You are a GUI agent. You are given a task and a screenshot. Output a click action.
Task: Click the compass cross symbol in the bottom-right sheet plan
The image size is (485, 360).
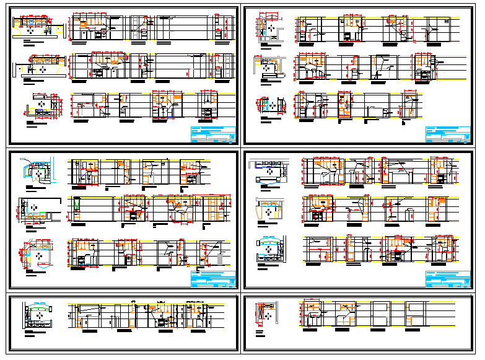[269, 315]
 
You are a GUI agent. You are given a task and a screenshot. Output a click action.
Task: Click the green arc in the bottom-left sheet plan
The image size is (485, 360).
[38, 305]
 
